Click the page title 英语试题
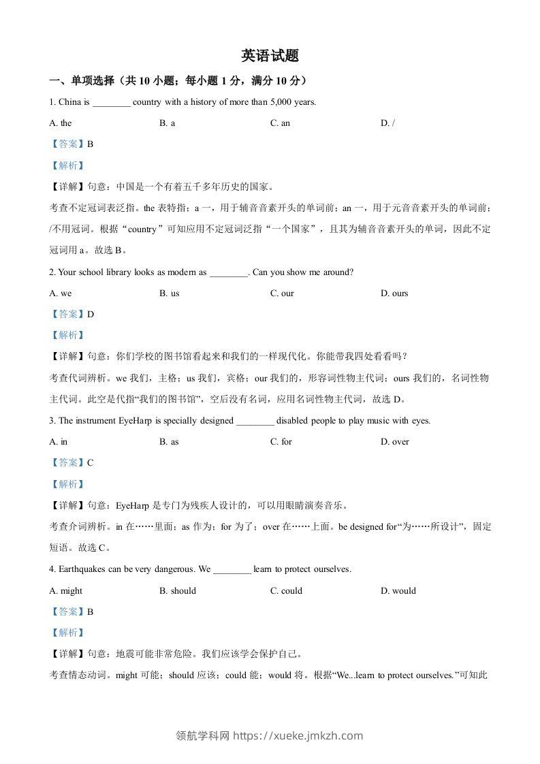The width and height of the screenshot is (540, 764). click(x=270, y=56)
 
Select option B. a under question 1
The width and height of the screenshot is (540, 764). click(x=168, y=123)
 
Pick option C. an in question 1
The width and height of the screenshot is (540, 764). click(x=280, y=123)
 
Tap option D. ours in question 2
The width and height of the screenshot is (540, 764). click(x=394, y=293)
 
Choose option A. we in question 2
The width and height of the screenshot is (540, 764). click(x=61, y=293)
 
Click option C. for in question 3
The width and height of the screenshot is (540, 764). click(x=281, y=442)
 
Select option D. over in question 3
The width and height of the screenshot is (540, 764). click(x=395, y=442)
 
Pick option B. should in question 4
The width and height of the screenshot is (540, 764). click(x=177, y=591)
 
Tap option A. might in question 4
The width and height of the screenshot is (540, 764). click(x=66, y=591)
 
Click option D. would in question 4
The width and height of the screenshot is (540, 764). click(x=398, y=591)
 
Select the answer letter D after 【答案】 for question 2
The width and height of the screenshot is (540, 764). click(x=91, y=315)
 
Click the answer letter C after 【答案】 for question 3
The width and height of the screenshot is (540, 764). click(x=91, y=463)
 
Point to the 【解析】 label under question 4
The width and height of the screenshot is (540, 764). click(x=67, y=633)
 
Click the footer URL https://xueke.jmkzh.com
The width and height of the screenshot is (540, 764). click(x=298, y=735)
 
